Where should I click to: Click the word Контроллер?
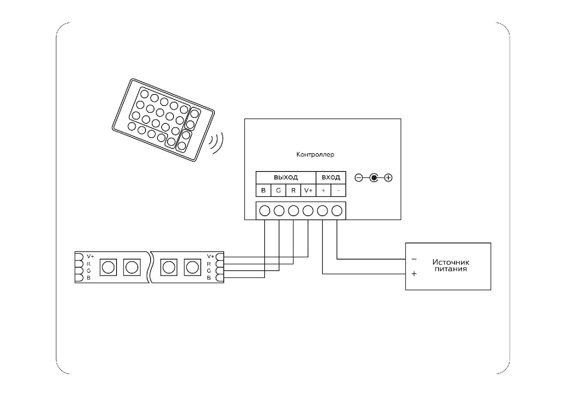click(315, 154)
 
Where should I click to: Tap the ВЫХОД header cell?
click(285, 177)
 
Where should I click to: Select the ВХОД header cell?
click(331, 177)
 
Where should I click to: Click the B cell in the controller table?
click(263, 190)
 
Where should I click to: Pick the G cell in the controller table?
click(278, 190)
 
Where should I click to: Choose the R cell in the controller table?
click(293, 190)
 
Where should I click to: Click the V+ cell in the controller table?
click(308, 190)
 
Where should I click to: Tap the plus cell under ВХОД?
click(323, 190)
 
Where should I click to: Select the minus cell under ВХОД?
click(338, 190)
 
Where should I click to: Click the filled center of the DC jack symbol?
click(373, 178)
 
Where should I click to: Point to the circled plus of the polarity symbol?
click(388, 178)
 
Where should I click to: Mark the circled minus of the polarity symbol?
click(359, 178)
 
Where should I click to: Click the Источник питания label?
click(450, 266)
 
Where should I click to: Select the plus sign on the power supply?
click(414, 274)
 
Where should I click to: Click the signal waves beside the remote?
click(217, 143)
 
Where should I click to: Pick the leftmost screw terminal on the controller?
click(264, 211)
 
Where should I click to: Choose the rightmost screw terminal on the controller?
click(337, 211)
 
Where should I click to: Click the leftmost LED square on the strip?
click(108, 267)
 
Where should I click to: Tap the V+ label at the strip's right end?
click(210, 257)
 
